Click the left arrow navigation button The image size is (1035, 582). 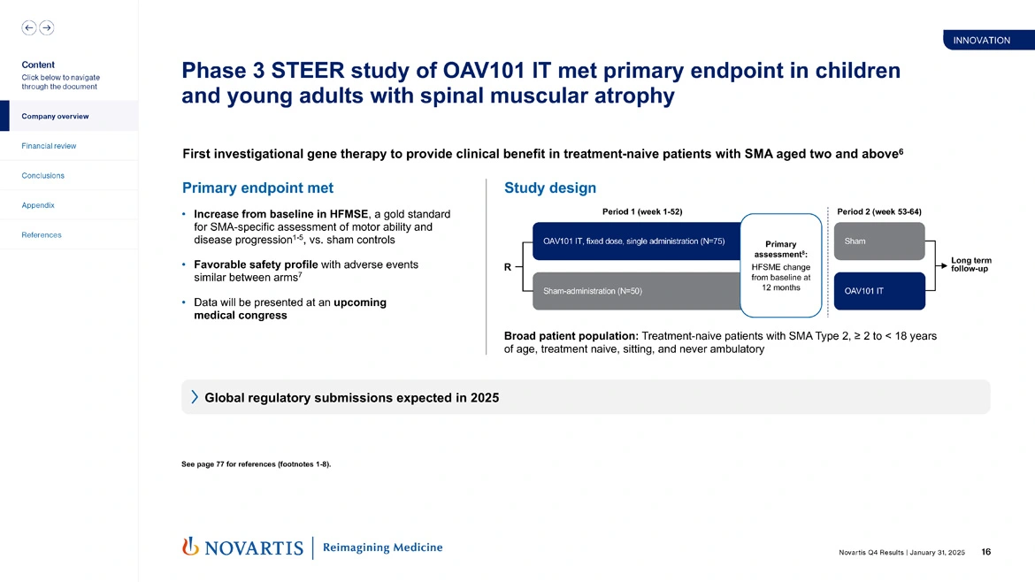click(28, 28)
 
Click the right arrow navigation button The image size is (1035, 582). click(47, 28)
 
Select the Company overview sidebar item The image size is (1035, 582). click(55, 117)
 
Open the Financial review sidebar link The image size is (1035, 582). click(49, 146)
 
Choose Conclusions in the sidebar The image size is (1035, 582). click(42, 175)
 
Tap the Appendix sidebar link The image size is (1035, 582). click(38, 205)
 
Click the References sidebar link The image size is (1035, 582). click(42, 235)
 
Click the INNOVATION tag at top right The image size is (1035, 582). click(981, 41)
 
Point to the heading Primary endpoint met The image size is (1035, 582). click(257, 188)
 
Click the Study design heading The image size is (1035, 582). click(549, 188)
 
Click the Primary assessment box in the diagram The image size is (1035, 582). click(780, 264)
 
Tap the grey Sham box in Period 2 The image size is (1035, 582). click(878, 241)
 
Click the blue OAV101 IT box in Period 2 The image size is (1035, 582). click(878, 291)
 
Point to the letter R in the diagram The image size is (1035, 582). click(508, 266)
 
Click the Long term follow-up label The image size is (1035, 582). click(970, 264)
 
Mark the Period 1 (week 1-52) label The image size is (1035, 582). click(641, 212)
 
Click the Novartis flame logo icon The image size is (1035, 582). click(189, 548)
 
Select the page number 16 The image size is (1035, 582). click(985, 552)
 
